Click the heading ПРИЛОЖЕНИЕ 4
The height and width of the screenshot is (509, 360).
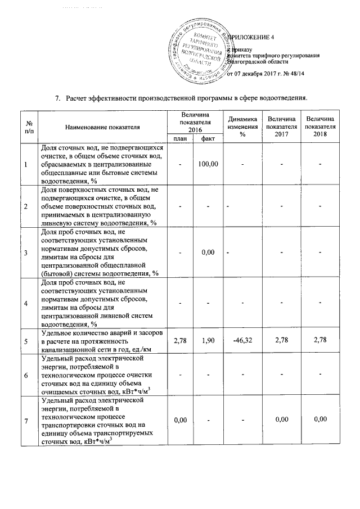tap(253, 38)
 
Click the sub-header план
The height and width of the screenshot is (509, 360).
tap(180, 138)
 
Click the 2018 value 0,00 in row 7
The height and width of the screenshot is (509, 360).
tap(319, 420)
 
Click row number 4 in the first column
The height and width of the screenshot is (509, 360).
tap(25, 304)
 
